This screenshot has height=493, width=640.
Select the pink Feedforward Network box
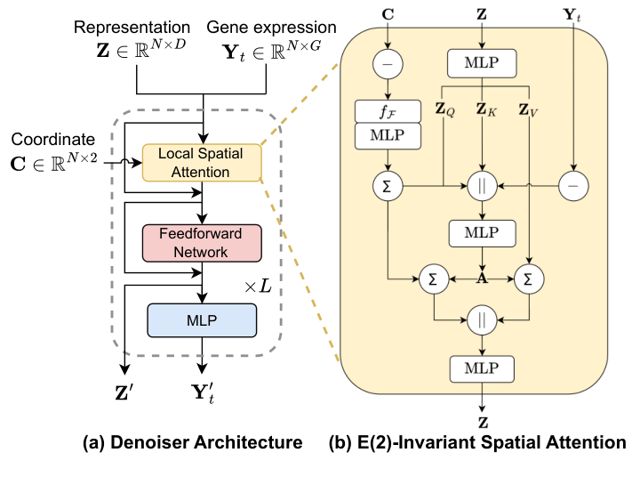[x=202, y=243]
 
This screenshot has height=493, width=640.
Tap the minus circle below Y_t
[x=574, y=188]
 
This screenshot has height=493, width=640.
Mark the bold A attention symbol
[x=482, y=278]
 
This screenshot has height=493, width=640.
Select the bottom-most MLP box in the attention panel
[x=482, y=366]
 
